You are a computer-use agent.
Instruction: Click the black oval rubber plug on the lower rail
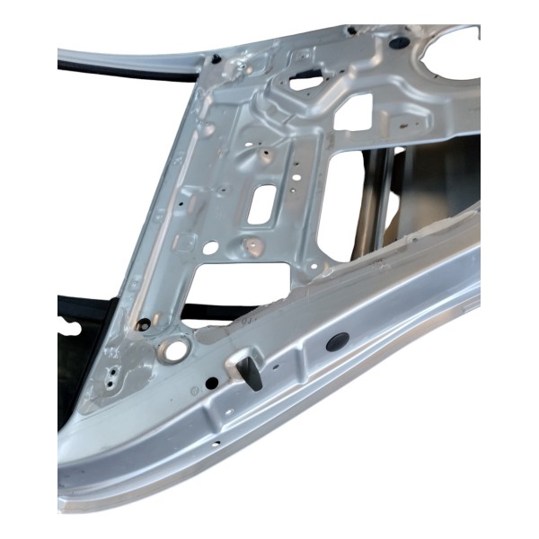(x=339, y=341)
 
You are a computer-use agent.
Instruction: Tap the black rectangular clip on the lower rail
(x=252, y=371)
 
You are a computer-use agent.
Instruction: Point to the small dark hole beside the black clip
(x=212, y=382)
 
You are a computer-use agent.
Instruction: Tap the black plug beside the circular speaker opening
(x=399, y=41)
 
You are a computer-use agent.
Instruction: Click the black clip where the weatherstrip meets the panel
(x=216, y=59)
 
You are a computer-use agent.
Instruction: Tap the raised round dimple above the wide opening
(x=254, y=243)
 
